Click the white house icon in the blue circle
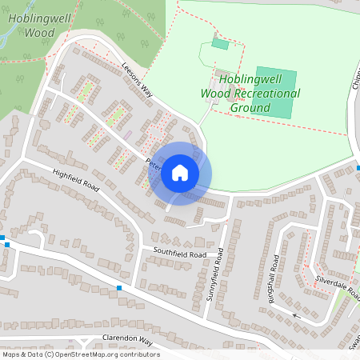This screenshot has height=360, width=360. point(180,173)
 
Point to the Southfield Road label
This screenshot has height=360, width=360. point(180,254)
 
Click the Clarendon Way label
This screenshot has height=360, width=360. point(127,340)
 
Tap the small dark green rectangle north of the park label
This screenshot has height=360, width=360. point(219,43)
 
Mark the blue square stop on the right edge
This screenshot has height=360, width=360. point(358,168)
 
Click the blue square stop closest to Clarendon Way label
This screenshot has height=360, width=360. point(118,288)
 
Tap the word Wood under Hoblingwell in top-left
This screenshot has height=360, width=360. point(39,34)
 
